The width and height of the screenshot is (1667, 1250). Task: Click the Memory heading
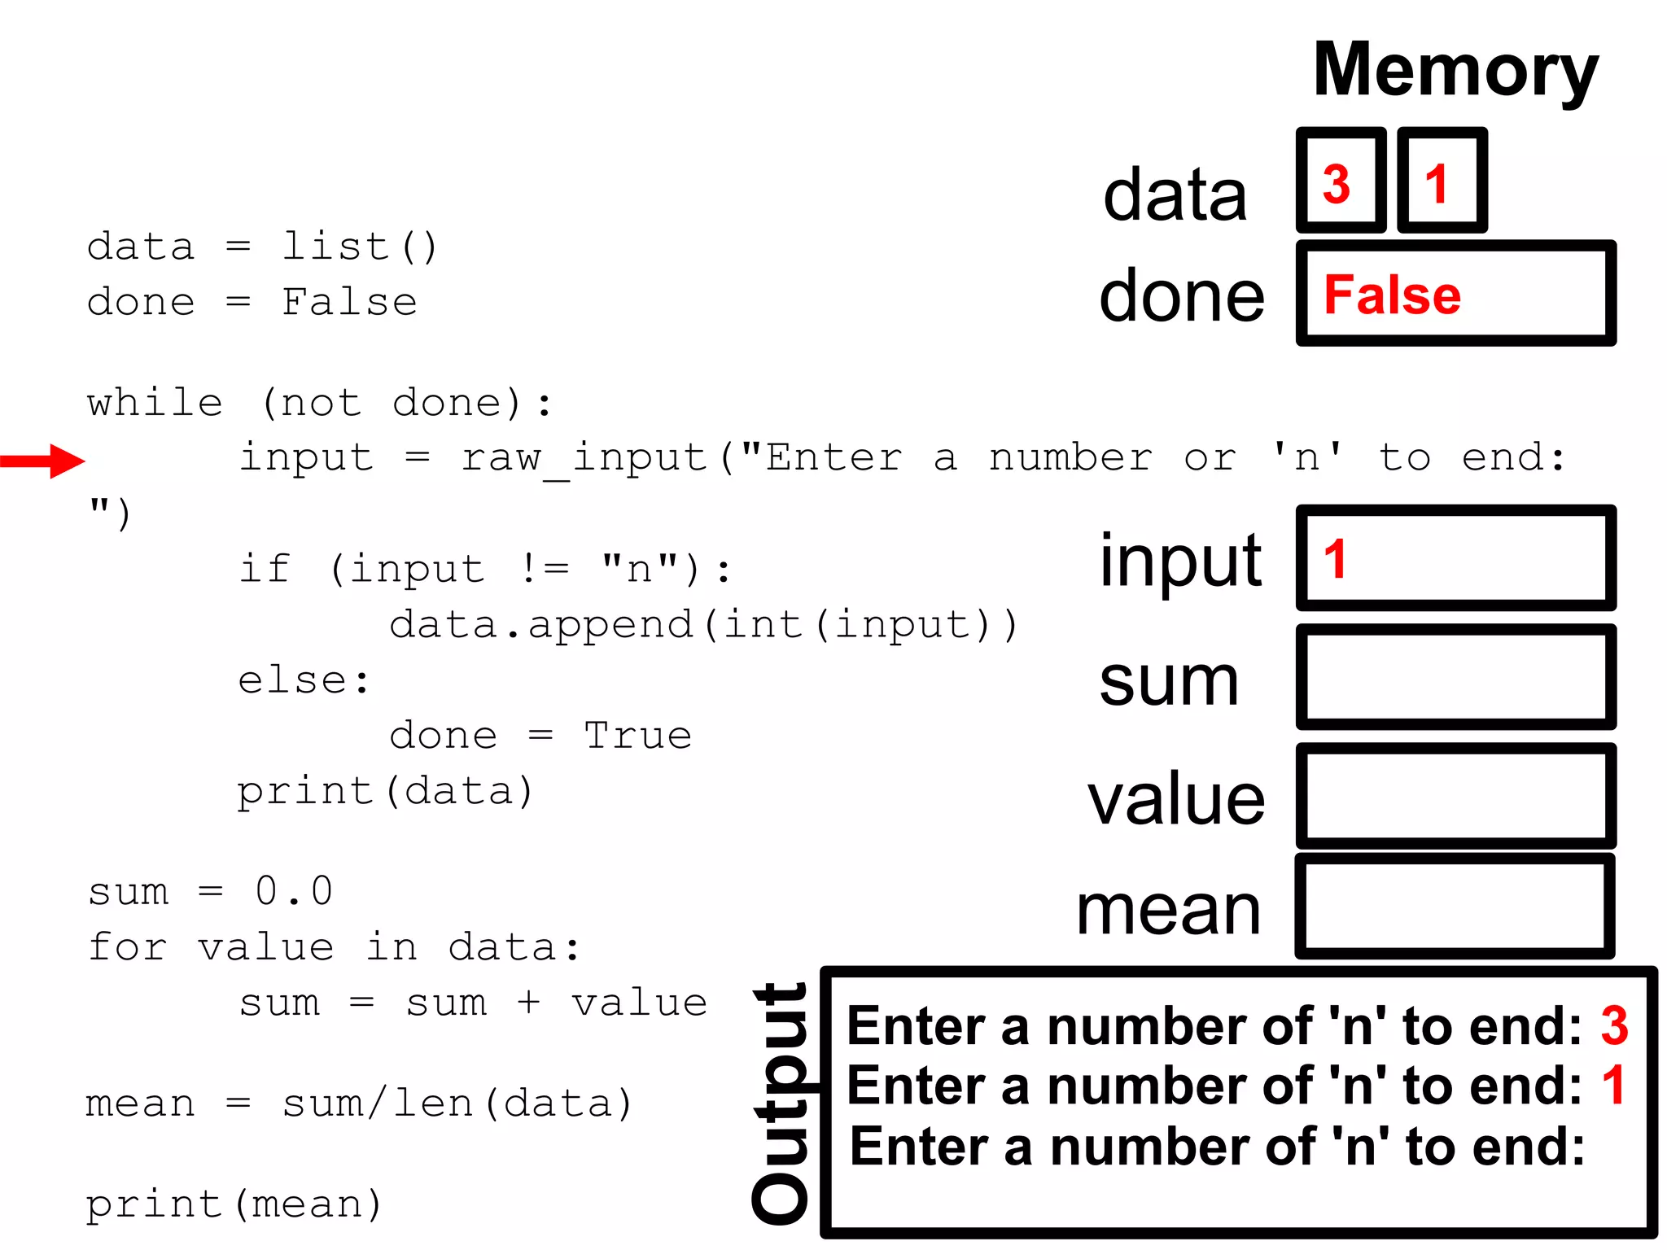tap(1455, 72)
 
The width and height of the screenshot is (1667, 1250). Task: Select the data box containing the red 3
tap(1341, 181)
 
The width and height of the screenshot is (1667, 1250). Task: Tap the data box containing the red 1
tap(1442, 181)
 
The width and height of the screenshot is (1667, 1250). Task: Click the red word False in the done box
tap(1392, 295)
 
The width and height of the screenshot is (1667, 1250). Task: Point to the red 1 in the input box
tap(1335, 560)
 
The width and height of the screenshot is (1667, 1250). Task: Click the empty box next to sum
tap(1455, 677)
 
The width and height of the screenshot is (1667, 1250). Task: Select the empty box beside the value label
tap(1455, 796)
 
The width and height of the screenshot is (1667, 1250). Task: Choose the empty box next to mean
tap(1455, 907)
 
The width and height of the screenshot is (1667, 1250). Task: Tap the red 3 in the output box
tap(1614, 1025)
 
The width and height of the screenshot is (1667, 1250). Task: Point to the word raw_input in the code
tap(584, 458)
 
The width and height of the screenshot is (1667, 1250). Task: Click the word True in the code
tap(638, 736)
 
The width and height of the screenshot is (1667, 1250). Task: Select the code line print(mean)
tap(234, 1204)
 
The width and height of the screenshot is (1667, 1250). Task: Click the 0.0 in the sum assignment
tap(294, 890)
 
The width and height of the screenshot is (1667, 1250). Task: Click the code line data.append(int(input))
tap(704, 625)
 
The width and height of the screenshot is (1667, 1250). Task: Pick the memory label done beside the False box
tap(1181, 296)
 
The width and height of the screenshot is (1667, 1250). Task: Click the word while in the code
tap(155, 403)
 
